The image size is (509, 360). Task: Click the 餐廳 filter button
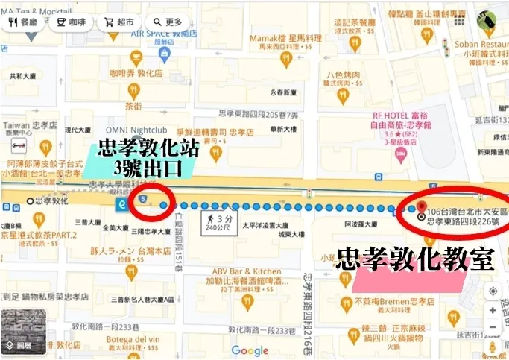[x=23, y=22]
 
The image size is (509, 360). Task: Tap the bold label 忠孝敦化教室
[x=415, y=259]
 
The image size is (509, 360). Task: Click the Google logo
[x=250, y=350]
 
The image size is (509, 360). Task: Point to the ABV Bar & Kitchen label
[x=247, y=271]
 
